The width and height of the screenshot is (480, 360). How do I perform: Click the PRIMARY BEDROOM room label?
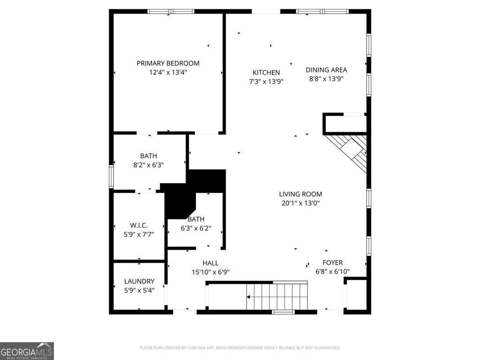168,63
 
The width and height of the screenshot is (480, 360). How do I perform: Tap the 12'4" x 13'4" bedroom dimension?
168,72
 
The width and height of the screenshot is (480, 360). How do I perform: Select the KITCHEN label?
266,72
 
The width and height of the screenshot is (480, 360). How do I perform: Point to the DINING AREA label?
326,70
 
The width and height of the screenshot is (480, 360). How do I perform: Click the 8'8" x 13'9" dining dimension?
326,79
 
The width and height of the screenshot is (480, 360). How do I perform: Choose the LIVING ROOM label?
300,194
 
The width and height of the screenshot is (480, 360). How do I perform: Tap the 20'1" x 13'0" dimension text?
300,203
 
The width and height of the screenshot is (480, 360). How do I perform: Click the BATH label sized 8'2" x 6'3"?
148,156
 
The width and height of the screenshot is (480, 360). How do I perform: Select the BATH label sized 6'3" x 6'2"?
196,219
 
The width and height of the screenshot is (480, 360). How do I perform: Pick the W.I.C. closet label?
139,225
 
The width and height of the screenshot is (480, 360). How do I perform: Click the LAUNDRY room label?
139,281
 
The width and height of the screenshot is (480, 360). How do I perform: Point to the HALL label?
210,263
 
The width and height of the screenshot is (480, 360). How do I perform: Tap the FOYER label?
332,262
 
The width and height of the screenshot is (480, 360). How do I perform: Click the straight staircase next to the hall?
277,297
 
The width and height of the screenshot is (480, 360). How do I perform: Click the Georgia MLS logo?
27,351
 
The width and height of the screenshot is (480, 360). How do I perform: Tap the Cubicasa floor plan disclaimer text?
240,348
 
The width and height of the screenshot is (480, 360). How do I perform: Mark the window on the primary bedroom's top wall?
171,11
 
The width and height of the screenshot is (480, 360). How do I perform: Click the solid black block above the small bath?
206,180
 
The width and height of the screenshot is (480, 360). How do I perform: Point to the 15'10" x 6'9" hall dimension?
210,272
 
